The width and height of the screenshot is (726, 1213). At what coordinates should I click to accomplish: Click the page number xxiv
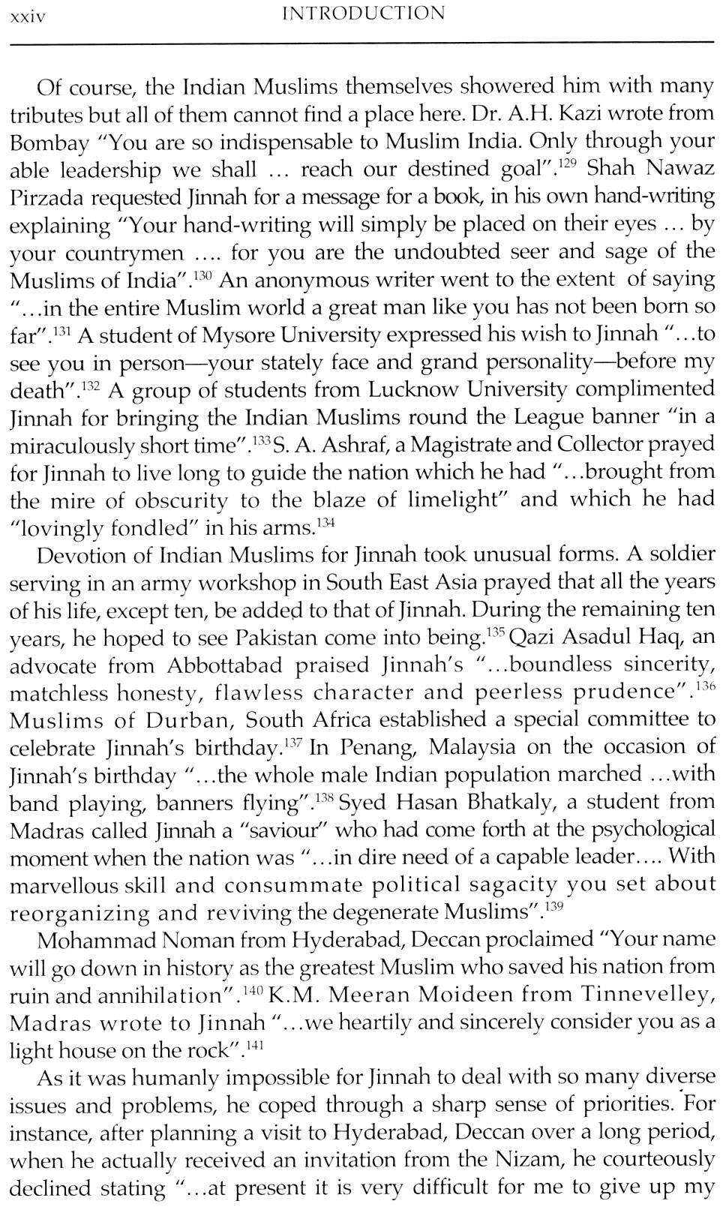26,14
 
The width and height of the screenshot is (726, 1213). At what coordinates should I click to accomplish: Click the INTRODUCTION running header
361,14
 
